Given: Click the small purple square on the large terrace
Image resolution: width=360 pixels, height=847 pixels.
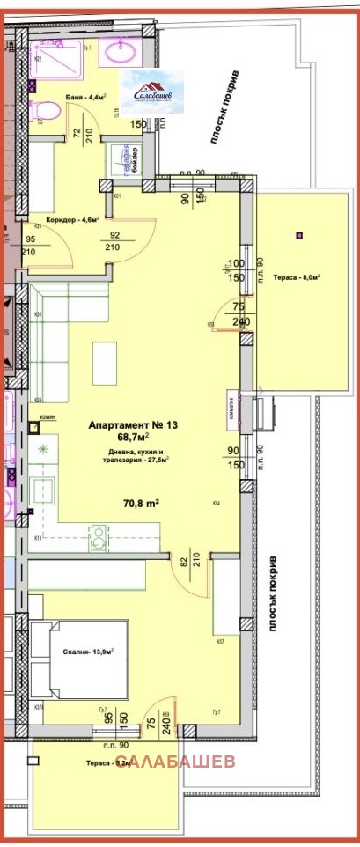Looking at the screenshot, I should (x=300, y=235).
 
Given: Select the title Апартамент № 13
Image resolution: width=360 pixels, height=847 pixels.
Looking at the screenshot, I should (x=134, y=425).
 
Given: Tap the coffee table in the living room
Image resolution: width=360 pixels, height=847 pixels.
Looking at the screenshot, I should (x=105, y=362).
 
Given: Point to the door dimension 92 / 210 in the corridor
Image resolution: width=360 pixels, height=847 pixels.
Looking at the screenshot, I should (x=114, y=241).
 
